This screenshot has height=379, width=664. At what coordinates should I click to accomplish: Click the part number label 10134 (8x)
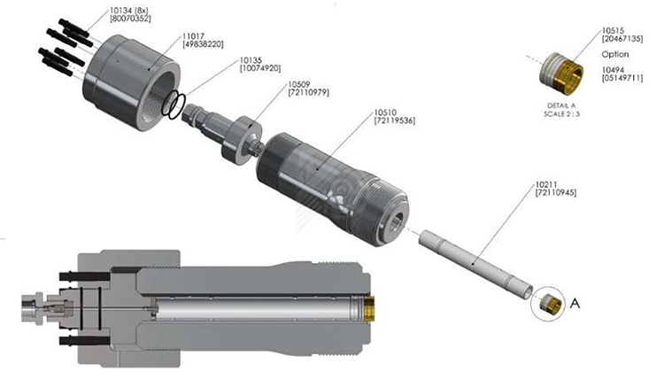pos(128,11)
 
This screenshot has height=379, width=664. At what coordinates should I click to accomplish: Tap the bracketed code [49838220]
pos(203,44)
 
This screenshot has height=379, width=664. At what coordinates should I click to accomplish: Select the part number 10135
pos(251,60)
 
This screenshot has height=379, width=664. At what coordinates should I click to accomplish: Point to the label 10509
pos(299,84)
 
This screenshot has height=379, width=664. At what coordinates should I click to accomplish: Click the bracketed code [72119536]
pos(395,121)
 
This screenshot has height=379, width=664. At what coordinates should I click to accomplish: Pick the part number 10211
pos(546,185)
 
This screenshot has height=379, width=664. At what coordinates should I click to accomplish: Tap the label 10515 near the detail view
pos(614,31)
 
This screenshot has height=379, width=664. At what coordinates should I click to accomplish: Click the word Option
pos(615,55)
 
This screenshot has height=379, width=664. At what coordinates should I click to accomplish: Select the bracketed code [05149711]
pos(622,78)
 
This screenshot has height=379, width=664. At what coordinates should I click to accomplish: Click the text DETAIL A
pos(561,106)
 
